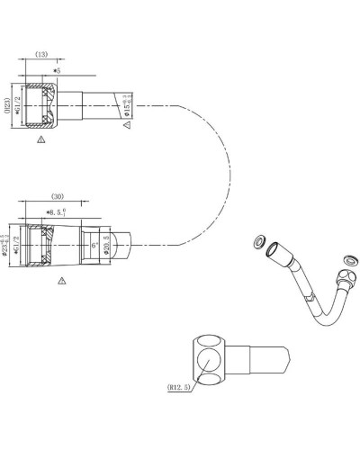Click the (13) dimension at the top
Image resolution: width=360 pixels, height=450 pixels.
coord(41,54)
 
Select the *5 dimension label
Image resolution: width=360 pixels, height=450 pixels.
coord(57,70)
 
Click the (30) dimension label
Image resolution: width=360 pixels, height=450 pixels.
coord(57,196)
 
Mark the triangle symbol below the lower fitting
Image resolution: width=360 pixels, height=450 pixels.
coord(61,281)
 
